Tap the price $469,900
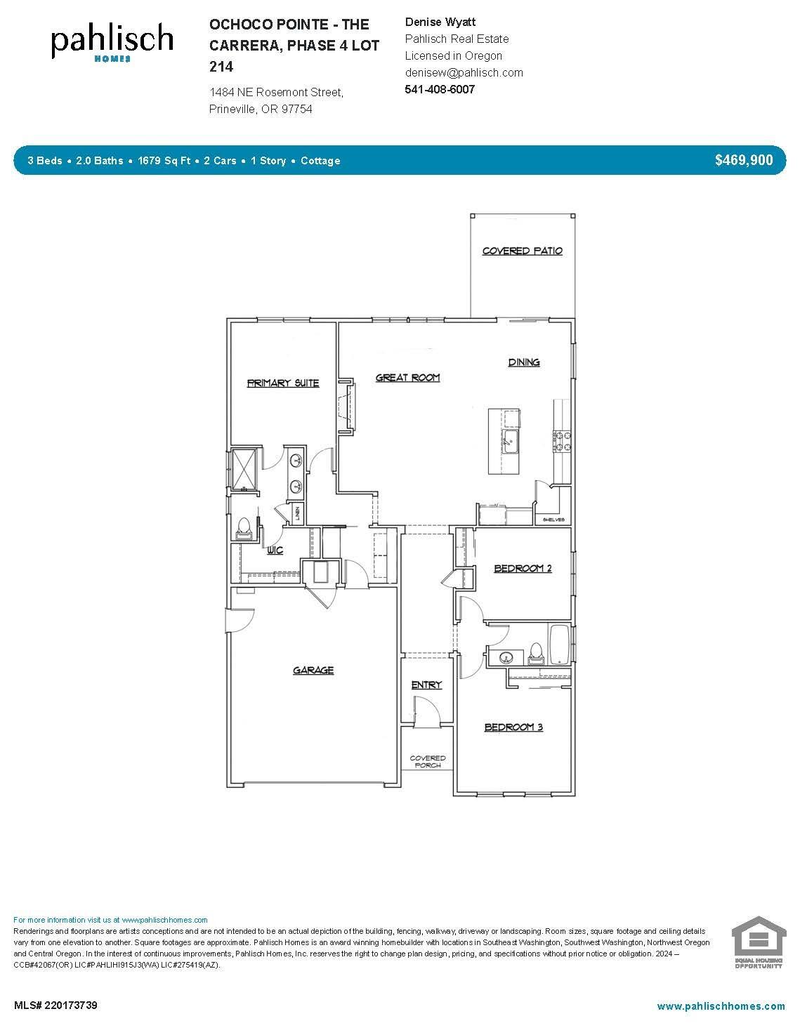click(x=744, y=160)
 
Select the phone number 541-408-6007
click(x=440, y=89)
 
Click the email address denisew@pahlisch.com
click(x=464, y=72)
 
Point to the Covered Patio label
click(x=522, y=251)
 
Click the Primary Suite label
click(x=283, y=383)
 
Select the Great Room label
click(x=407, y=378)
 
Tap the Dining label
click(x=524, y=362)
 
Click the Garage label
click(x=313, y=671)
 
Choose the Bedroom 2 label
click(x=523, y=568)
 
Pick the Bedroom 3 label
click(x=513, y=727)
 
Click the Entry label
click(x=426, y=685)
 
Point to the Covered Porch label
click(x=428, y=761)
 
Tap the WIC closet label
click(x=275, y=550)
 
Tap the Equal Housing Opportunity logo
click(x=757, y=942)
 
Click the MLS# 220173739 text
click(x=55, y=1006)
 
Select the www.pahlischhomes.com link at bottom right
click(x=721, y=1006)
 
